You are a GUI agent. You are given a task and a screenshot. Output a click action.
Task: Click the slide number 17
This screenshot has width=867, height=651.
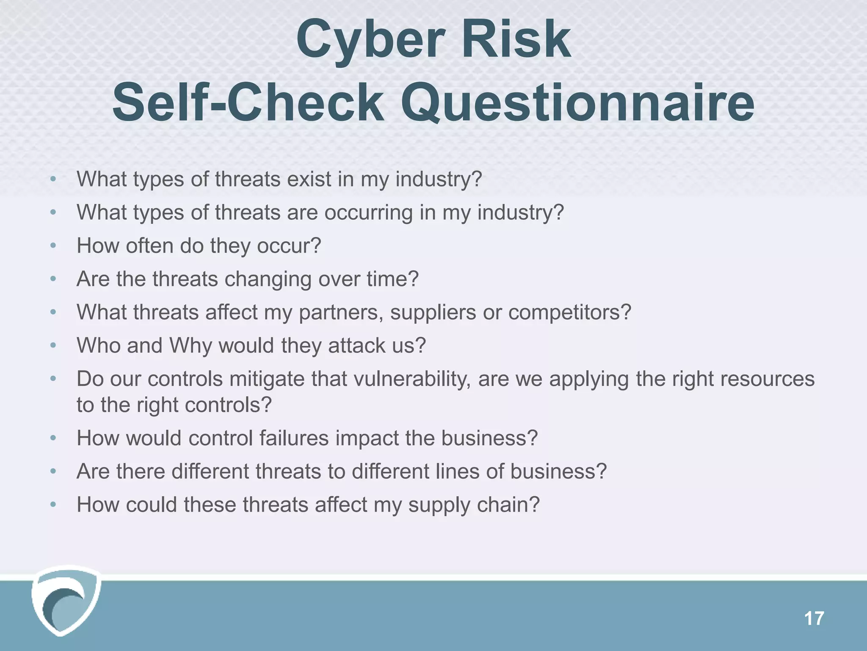pos(813,619)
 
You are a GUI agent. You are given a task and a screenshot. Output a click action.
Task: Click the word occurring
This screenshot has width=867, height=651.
pos(368,213)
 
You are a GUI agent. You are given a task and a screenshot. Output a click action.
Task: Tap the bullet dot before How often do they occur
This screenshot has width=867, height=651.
pos(53,246)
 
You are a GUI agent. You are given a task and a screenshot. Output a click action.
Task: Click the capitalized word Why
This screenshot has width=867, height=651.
pos(191,346)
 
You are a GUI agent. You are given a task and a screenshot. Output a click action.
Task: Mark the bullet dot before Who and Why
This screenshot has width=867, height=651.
pos(53,346)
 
